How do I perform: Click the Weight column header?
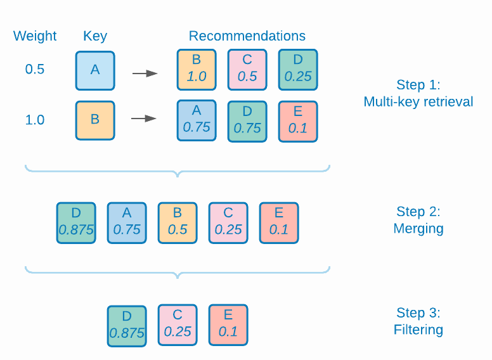pos(35,36)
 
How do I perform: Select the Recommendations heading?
pos(247,36)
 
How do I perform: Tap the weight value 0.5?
pos(35,70)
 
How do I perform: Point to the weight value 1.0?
pos(35,120)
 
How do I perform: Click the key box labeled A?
pos(95,70)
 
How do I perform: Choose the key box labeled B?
pos(95,120)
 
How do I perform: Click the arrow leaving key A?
pos(145,74)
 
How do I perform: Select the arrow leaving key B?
pos(145,119)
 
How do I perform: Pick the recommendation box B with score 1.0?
pos(197,70)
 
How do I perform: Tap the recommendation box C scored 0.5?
pos(247,70)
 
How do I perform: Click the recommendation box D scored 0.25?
pos(298,70)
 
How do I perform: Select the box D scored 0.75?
pos(247,120)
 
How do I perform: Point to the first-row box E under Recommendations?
pos(298,120)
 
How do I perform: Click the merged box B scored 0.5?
pos(178,222)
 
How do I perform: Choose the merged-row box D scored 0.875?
pos(76,222)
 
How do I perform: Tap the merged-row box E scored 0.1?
pos(279,222)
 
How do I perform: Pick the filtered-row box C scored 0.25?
pos(178,325)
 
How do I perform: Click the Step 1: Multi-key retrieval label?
pos(418,93)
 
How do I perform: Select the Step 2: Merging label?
pos(418,220)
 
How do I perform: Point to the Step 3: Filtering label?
pos(418,321)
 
